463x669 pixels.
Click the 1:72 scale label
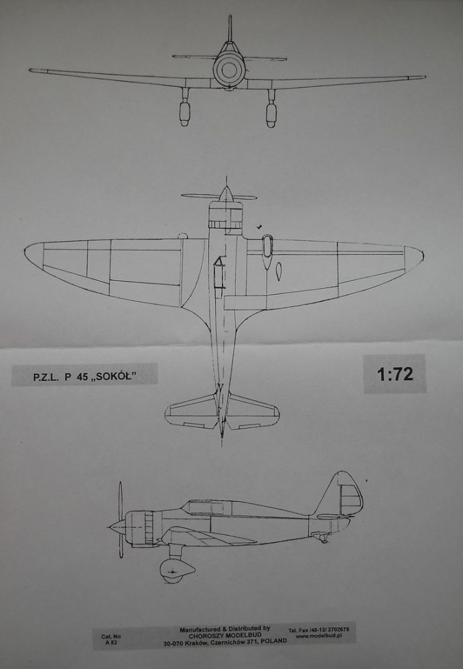pyautogui.click(x=394, y=374)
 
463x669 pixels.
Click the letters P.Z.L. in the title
pyautogui.click(x=46, y=376)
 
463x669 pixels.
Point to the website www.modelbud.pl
pyautogui.click(x=320, y=636)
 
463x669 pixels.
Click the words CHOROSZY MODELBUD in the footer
pyautogui.click(x=225, y=634)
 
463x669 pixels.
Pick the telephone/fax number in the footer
pyautogui.click(x=321, y=628)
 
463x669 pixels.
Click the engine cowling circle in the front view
pyautogui.click(x=229, y=70)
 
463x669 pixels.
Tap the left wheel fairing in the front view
pyautogui.click(x=185, y=113)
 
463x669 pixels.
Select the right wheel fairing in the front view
pyautogui.click(x=271, y=113)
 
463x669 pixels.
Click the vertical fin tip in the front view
pyautogui.click(x=229, y=18)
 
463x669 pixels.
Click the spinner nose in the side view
pyautogui.click(x=111, y=526)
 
